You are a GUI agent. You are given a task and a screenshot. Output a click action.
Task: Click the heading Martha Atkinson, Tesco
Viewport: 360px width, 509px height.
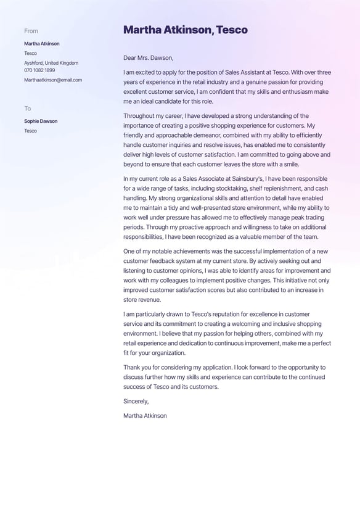[x=185, y=30]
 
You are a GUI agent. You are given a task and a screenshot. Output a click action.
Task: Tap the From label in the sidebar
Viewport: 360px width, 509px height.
[x=31, y=31]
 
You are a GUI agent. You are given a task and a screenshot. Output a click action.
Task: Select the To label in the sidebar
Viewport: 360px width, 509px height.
[x=27, y=109]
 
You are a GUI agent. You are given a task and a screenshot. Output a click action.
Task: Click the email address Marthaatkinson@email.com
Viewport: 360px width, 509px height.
[x=53, y=80]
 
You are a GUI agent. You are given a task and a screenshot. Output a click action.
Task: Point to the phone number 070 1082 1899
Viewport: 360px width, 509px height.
[x=39, y=70]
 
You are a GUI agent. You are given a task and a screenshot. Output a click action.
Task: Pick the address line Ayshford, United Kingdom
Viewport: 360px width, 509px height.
[x=51, y=63]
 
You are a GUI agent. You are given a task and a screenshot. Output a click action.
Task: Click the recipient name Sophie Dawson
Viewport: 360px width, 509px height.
[x=41, y=121]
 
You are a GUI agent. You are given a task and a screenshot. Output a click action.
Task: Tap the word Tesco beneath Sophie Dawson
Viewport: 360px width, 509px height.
[x=30, y=131]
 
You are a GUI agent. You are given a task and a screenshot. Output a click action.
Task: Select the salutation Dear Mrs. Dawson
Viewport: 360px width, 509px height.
[x=148, y=57]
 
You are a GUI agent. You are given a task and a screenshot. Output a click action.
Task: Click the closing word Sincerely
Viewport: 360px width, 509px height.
[x=136, y=401]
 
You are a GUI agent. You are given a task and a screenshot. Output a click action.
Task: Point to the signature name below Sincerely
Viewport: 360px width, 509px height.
[x=145, y=416]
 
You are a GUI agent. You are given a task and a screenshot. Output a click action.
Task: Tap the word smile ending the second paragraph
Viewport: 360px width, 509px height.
[x=290, y=164]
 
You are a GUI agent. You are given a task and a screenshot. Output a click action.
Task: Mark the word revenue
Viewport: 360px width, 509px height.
[x=150, y=300]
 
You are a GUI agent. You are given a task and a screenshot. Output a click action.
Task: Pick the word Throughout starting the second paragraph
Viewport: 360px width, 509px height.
[x=141, y=116]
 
